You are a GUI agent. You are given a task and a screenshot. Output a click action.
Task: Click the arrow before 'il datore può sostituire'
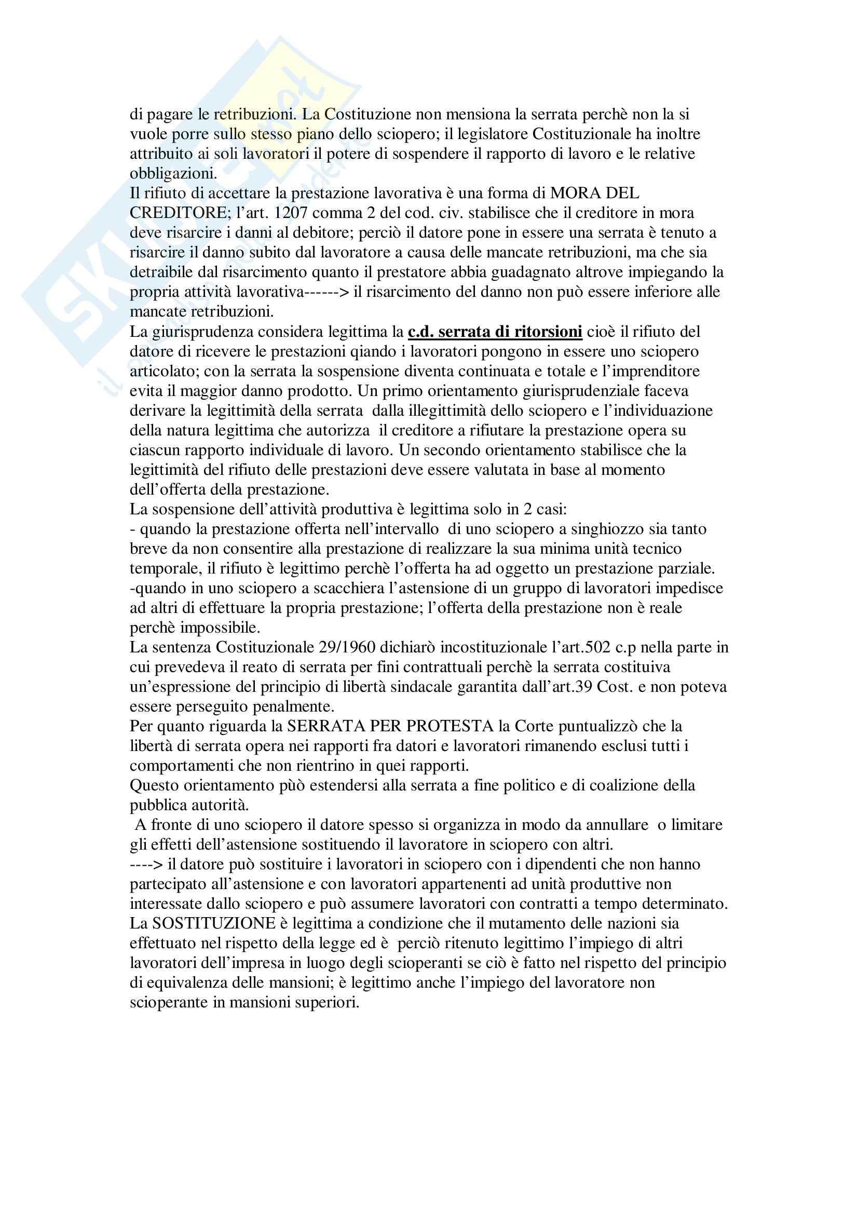pos(146,865)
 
